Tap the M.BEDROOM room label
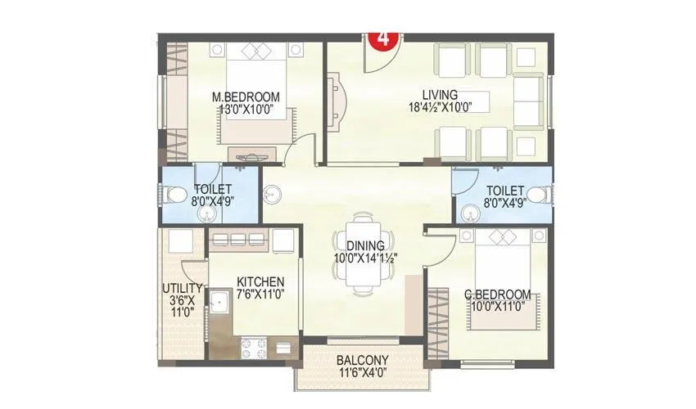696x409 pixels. click(246, 97)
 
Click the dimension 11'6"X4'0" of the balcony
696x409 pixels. click(363, 371)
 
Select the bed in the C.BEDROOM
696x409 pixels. click(499, 282)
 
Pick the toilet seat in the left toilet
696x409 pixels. click(174, 195)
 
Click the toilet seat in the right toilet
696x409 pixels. click(536, 195)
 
